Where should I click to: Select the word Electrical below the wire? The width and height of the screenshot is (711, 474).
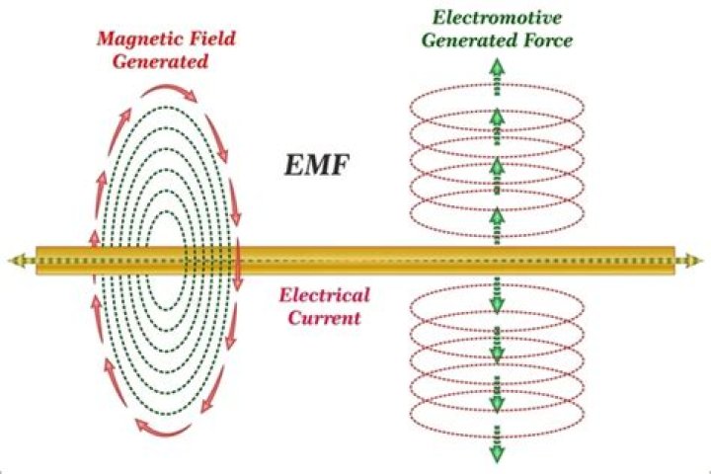324,295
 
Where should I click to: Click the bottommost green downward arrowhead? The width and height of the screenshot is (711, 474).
496,452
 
